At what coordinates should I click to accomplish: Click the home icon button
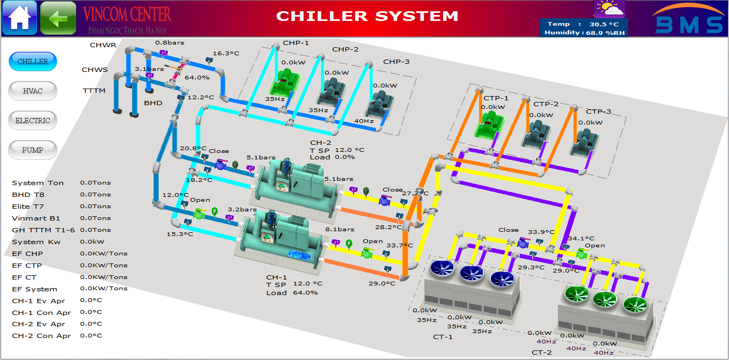(x=19, y=18)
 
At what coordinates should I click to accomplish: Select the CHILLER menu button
(x=33, y=62)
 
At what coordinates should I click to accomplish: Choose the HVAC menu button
(x=33, y=91)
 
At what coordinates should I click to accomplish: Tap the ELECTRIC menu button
(x=33, y=121)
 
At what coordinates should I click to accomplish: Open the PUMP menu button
(x=33, y=150)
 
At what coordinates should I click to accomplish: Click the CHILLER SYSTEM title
(x=367, y=16)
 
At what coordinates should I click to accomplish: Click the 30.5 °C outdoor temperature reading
(x=604, y=24)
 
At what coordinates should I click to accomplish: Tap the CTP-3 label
(x=598, y=112)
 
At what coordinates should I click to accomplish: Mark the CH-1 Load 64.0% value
(x=305, y=292)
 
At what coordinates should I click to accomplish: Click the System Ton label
(x=38, y=183)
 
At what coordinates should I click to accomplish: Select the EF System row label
(x=34, y=289)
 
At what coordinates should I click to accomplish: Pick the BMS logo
(x=688, y=24)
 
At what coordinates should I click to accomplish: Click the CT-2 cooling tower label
(x=541, y=352)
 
